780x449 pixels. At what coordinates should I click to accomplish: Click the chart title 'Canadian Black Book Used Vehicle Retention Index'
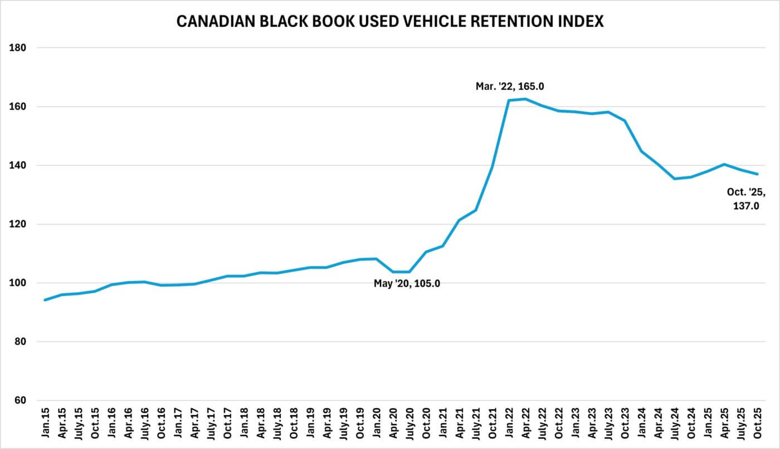coord(390,22)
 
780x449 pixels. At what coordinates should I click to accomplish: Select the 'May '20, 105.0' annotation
coord(407,283)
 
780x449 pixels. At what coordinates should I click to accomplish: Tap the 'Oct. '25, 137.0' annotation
coord(746,199)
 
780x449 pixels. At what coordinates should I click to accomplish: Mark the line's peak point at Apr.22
coord(525,99)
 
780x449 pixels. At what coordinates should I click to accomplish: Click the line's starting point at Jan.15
coord(45,300)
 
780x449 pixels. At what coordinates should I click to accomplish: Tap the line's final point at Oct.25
coord(758,174)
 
